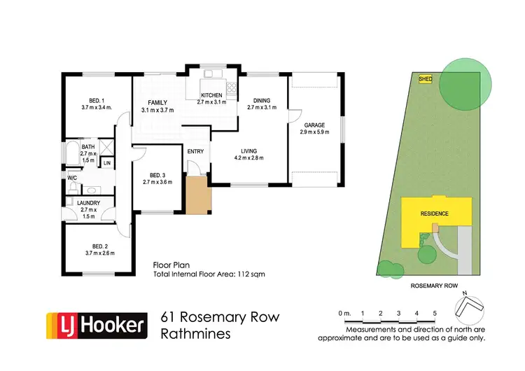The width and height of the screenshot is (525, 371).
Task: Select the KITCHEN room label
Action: click(211, 94)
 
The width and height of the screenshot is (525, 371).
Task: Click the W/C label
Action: click(72, 178)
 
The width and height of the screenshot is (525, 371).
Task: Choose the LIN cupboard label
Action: click(106, 163)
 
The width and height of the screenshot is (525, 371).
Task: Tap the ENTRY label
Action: click(195, 151)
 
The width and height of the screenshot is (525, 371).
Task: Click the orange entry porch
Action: click(198, 197)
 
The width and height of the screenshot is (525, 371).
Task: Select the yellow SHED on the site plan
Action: click(425, 80)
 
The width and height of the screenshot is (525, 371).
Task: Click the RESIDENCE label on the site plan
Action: click(434, 213)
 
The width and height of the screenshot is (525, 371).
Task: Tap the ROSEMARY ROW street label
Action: click(435, 286)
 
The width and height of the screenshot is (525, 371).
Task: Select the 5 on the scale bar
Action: click(435, 312)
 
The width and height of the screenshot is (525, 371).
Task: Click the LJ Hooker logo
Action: click(97, 324)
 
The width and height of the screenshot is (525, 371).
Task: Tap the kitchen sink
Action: click(211, 73)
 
